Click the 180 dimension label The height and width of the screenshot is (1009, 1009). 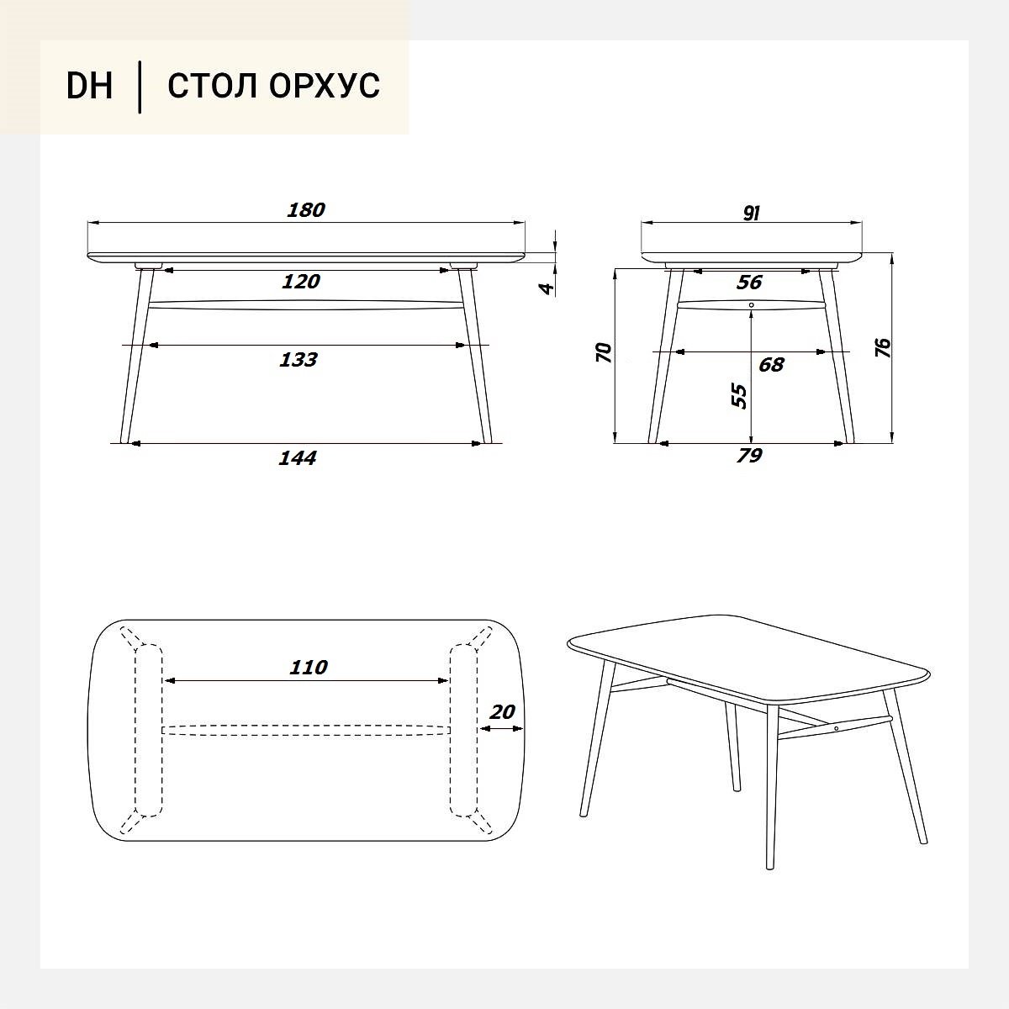(x=306, y=210)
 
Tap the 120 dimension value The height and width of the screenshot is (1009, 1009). (x=301, y=282)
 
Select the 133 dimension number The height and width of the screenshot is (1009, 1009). (x=298, y=360)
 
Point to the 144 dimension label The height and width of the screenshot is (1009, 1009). (x=298, y=458)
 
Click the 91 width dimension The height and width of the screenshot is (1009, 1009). (x=752, y=213)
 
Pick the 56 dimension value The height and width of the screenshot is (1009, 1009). (x=749, y=283)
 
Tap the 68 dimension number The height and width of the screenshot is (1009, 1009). (x=771, y=364)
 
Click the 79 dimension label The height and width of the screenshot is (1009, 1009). (x=749, y=456)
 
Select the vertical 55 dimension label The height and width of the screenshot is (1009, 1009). (x=739, y=396)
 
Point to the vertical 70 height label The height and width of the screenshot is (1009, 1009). (x=604, y=352)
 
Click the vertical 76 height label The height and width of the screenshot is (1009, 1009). (x=883, y=347)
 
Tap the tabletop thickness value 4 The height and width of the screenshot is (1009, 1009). (x=547, y=288)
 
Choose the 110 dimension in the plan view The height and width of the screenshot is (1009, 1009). (x=309, y=668)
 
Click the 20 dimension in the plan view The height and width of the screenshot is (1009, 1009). (x=502, y=712)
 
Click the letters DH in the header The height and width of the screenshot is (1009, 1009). (x=89, y=86)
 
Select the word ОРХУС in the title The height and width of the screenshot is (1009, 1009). (x=324, y=86)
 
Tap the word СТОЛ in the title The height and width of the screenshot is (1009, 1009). (x=212, y=86)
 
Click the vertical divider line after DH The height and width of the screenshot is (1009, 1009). (x=140, y=87)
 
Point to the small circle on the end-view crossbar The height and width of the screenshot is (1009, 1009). (x=752, y=304)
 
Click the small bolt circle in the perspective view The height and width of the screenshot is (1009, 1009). (x=836, y=728)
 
